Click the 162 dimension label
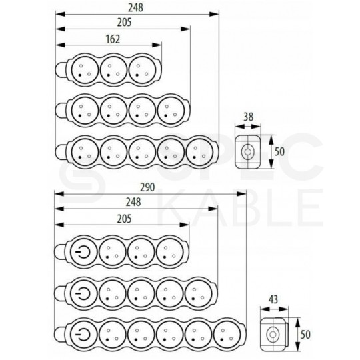(113, 39)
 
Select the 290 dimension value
(147, 187)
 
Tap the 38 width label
(248, 117)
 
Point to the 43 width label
(273, 299)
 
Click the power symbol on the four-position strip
(83, 251)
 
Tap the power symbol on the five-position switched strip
(83, 293)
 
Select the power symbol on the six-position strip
(83, 334)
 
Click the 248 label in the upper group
(135, 7)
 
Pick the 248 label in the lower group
(133, 202)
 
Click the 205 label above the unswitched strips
(125, 23)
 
